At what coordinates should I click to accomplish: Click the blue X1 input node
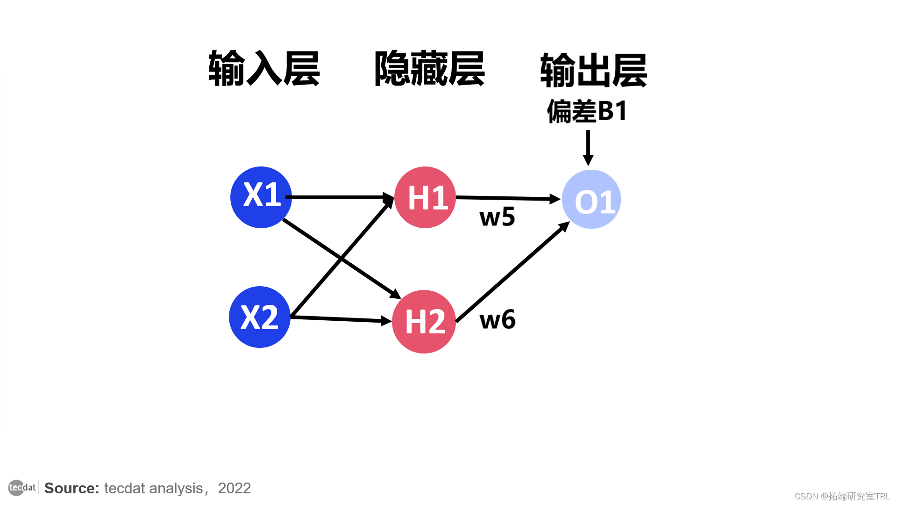point(261,197)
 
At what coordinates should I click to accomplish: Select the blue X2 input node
point(260,317)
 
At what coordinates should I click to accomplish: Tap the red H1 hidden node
point(425,197)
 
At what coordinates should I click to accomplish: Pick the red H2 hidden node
point(424,321)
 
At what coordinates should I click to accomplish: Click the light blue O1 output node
point(591,200)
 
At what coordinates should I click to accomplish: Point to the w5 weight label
point(497,217)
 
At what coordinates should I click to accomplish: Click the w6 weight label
point(498,320)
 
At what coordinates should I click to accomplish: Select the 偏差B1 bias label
point(587,111)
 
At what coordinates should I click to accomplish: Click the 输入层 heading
point(264,69)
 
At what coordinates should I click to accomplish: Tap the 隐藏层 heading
point(429,69)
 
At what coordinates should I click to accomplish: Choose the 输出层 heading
point(593,70)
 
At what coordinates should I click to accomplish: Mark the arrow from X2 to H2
point(341,319)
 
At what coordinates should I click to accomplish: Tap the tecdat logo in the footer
point(22,488)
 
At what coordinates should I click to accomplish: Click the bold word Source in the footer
point(71,488)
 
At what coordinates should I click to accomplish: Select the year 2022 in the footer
point(234,488)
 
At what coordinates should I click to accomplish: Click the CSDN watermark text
point(842,496)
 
